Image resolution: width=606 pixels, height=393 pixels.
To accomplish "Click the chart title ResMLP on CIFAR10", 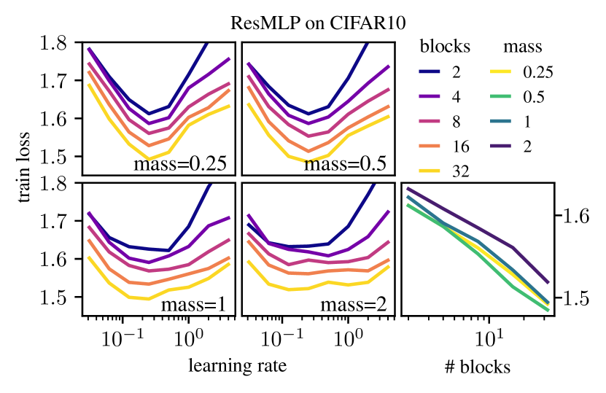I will pos(303,21).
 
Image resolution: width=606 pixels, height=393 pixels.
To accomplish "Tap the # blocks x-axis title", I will pos(478,367).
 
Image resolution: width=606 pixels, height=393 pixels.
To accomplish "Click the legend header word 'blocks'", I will pos(445,47).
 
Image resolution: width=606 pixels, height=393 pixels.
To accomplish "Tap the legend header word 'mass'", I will pos(523,47).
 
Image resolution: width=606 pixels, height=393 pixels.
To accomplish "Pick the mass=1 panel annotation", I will pos(193,304).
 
